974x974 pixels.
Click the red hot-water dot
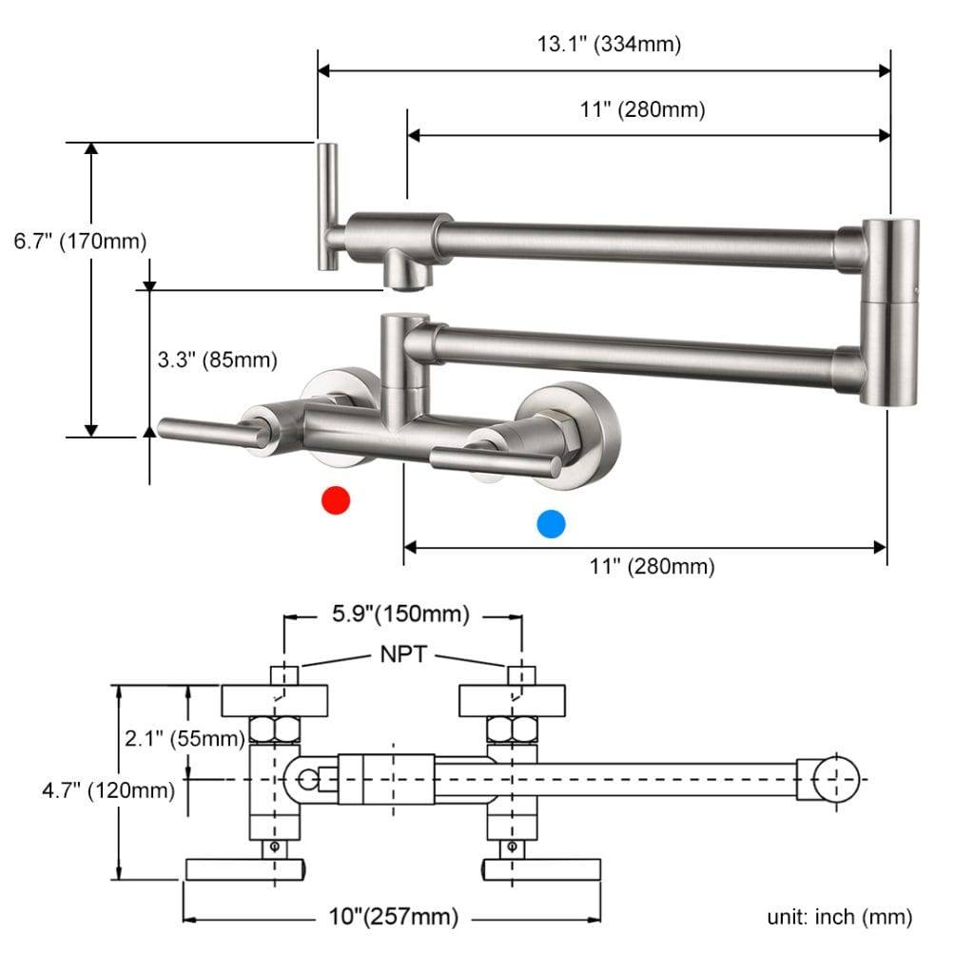pyautogui.click(x=336, y=500)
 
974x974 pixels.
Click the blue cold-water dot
pyautogui.click(x=551, y=523)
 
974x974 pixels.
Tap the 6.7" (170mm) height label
pyautogui.click(x=80, y=242)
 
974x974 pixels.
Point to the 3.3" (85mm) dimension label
pyautogui.click(x=217, y=360)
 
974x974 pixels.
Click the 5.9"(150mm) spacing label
pyautogui.click(x=400, y=614)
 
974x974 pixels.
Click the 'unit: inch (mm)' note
pyautogui.click(x=840, y=917)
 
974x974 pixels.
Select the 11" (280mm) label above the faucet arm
pyautogui.click(x=643, y=109)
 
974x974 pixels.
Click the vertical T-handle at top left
pyautogui.click(x=327, y=205)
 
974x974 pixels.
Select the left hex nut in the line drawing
pyautogui.click(x=275, y=730)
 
